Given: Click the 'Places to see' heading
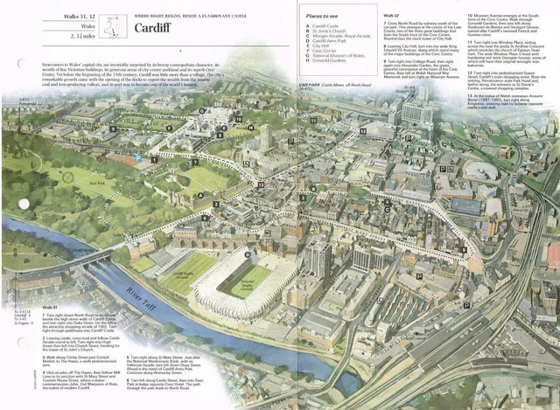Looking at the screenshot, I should click(322, 17).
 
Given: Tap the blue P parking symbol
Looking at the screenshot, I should click(137, 159).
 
